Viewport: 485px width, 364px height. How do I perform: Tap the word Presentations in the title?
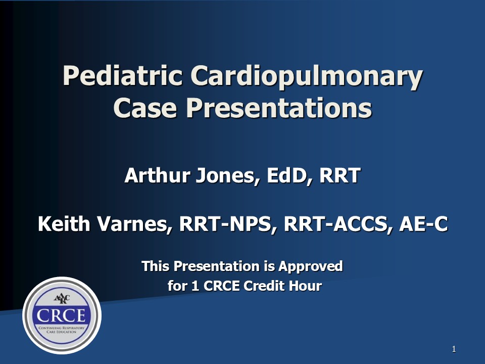tap(277, 108)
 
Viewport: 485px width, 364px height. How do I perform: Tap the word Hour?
tap(305, 286)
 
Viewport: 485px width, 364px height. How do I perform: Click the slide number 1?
tap(454, 349)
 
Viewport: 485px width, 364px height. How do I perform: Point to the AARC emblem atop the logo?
tap(62, 298)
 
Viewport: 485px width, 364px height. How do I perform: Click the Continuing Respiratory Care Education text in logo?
tap(62, 331)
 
